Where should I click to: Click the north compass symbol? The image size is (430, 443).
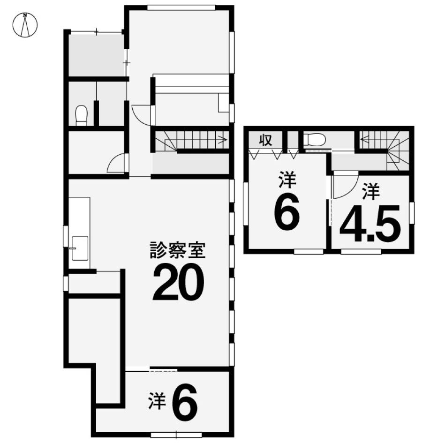pyautogui.click(x=25, y=25)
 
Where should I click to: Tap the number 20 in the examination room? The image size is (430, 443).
pyautogui.click(x=178, y=282)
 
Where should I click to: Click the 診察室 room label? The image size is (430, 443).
pyautogui.click(x=178, y=250)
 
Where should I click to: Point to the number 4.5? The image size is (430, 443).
pyautogui.click(x=370, y=224)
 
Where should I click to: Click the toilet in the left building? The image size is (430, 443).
pyautogui.click(x=82, y=115)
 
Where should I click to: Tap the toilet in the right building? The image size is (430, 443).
pyautogui.click(x=314, y=139)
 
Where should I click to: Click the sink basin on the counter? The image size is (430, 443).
pyautogui.click(x=80, y=248)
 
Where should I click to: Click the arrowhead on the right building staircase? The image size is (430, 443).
pyautogui.click(x=364, y=139)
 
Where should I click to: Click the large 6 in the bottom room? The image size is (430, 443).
pyautogui.click(x=185, y=403)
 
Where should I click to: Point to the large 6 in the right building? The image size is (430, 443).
pyautogui.click(x=287, y=213)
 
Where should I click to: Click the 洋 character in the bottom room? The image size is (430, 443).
pyautogui.click(x=157, y=401)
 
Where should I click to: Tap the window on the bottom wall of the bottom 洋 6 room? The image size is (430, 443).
pyautogui.click(x=176, y=435)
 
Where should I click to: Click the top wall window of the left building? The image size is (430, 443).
pyautogui.click(x=181, y=8)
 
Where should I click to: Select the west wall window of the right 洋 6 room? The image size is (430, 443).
pyautogui.click(x=246, y=204)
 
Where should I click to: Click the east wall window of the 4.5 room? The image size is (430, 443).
pyautogui.click(x=412, y=213)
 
